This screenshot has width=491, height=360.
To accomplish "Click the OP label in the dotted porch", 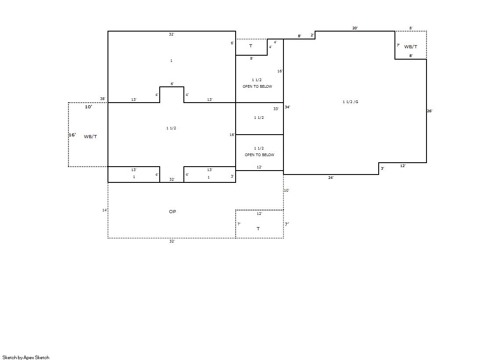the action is [x=172, y=212].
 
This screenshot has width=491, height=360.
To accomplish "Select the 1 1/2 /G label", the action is [x=351, y=102].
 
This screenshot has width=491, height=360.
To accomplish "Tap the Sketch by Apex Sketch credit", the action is [x=26, y=357].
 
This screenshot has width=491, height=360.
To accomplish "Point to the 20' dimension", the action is [x=355, y=28].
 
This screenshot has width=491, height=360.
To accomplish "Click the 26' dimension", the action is [x=430, y=111].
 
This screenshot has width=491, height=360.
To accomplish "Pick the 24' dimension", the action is [x=331, y=178].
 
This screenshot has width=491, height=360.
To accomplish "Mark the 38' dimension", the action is [x=103, y=99].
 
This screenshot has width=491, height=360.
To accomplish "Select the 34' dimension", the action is [x=287, y=107].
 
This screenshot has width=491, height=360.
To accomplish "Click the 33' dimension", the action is [x=276, y=109].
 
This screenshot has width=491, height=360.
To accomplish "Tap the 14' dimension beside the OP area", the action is [x=105, y=210].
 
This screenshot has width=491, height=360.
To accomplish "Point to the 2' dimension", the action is [x=312, y=35].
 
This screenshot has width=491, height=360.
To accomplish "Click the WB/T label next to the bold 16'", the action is [x=90, y=137].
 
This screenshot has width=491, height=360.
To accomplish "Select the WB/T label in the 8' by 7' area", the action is [x=411, y=46].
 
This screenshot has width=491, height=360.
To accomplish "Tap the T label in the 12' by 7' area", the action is [x=258, y=229].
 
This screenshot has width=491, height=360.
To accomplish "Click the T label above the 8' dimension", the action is [x=251, y=46].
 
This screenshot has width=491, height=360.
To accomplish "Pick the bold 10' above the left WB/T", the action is [x=89, y=107].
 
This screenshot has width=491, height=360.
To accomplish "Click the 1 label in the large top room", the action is [x=171, y=61].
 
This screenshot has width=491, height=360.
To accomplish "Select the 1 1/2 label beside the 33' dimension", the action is [x=259, y=118].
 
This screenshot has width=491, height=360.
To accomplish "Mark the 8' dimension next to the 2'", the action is [x=299, y=36].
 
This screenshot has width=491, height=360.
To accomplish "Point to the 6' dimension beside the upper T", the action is [x=233, y=43].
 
